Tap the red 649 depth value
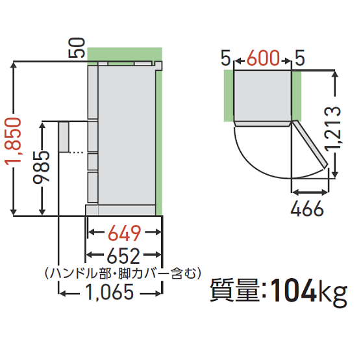pos(123,232)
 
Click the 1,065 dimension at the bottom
pos(109,292)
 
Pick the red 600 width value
pos(263,59)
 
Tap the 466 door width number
pos(308,210)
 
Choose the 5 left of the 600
pos(225,59)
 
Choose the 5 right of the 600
pos(300,59)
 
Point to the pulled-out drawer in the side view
pos(63,136)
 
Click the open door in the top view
pos(311,144)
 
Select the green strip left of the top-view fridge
pos(228,96)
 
